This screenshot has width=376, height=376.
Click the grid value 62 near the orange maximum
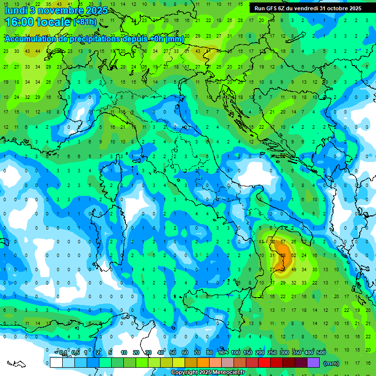point(293,256)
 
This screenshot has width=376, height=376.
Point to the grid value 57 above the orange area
point(283,242)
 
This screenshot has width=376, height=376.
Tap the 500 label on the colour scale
point(321,352)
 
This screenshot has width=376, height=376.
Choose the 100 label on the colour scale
point(235,352)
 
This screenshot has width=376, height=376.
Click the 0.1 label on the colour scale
point(63,352)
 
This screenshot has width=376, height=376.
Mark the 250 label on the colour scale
point(272,352)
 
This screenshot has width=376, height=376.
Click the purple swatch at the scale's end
point(313,363)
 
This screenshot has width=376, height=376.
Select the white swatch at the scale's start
point(56,363)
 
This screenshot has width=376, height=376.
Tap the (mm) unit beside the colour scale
point(331,363)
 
